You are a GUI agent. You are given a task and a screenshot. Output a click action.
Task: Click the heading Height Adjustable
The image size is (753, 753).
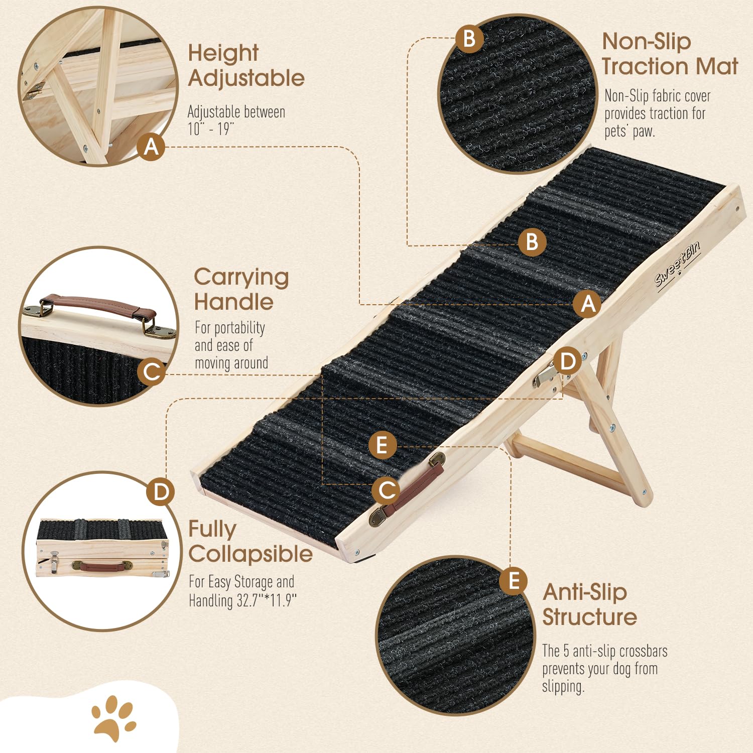[x=246, y=66]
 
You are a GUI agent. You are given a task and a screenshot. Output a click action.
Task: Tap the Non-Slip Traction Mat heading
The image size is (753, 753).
[x=669, y=54]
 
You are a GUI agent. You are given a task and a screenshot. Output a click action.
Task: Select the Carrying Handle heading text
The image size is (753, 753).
[x=241, y=289]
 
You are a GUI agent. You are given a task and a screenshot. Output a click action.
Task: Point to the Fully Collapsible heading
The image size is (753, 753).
[x=250, y=542]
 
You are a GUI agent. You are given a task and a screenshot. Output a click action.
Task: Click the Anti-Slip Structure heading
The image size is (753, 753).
[x=589, y=604]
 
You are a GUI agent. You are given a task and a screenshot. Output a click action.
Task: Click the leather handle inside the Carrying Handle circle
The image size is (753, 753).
[x=98, y=307]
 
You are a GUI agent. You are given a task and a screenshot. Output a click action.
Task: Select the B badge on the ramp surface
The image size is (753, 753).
[x=532, y=242]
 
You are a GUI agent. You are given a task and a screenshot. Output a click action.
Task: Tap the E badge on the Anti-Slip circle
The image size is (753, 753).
[x=513, y=581]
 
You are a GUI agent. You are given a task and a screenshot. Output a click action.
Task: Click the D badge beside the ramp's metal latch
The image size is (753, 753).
[x=567, y=361]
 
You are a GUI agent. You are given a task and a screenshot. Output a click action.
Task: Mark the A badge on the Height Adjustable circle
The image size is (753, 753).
[x=151, y=147]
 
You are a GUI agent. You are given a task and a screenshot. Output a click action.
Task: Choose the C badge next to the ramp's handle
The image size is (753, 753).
[x=387, y=490]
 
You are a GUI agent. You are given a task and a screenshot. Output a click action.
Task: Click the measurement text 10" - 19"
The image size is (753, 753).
[x=211, y=129]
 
